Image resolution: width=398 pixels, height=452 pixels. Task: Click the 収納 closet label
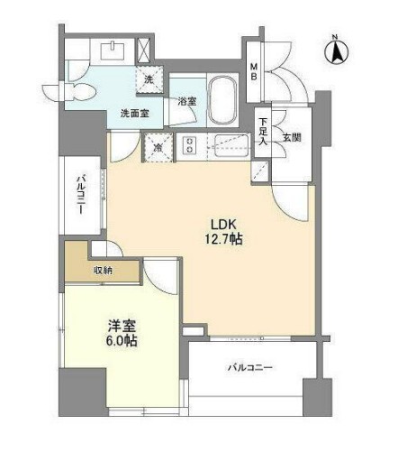coord(104,269)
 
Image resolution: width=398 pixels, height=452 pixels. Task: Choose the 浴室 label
coord(187,103)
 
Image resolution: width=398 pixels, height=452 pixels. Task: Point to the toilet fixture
coord(81,91)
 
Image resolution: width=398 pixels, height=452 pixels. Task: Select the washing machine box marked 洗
coord(149,80)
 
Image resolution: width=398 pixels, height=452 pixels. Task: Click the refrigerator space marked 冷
coord(158,147)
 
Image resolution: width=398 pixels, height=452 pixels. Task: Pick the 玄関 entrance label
coord(291,137)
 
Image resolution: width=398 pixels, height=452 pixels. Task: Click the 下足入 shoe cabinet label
coord(262,131)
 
